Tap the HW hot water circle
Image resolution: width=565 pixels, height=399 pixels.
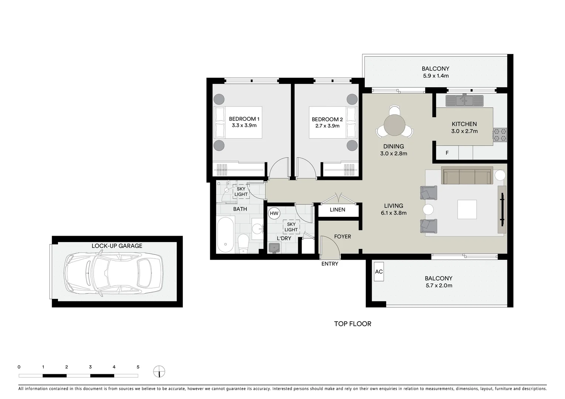pos(274,214)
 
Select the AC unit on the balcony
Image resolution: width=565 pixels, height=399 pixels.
pos(379,272)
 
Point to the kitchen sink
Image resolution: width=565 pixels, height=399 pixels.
pos(464,100)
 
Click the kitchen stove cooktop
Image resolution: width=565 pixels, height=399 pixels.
pos(500,135)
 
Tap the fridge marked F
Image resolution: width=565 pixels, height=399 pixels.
pos(447,153)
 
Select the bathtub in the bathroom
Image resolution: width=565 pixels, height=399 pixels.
pos(225,235)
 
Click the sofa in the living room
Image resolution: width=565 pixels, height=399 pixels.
pos(467,176)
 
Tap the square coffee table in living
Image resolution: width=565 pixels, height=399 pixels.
pos(467,209)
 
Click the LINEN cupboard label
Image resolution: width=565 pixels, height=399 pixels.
pos(337,210)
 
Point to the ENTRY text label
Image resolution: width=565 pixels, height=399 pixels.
pos(330,264)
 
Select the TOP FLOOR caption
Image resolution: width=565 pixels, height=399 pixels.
pos(353,324)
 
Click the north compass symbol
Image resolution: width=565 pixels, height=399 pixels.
pos(159,371)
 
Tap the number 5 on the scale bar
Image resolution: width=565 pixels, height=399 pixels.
pos(138,367)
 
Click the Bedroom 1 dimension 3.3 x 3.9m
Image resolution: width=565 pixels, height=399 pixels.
pos(244,125)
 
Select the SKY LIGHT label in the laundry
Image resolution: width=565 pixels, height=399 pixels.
pos(291,227)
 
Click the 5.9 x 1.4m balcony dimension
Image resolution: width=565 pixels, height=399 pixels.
pos(436,76)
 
